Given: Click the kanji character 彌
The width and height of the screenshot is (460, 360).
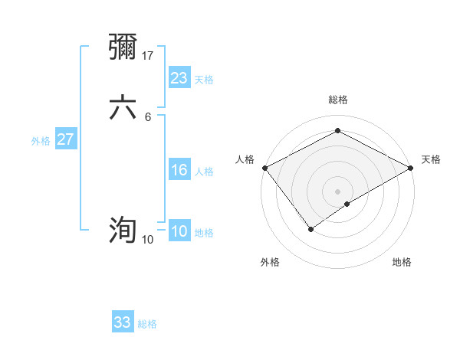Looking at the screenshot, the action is (123, 47).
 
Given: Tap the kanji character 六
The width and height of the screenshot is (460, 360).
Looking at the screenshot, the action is (123, 108).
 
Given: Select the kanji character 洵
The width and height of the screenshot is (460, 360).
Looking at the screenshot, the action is (123, 230).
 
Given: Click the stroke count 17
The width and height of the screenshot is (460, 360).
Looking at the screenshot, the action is (149, 55).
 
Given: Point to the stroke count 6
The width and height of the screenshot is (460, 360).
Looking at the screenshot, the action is (148, 116).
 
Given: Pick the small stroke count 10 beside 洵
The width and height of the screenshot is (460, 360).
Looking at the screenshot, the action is (147, 240).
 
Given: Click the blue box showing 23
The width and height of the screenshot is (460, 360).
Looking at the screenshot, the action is (179, 78).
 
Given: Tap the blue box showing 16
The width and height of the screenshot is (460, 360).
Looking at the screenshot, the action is (179, 170).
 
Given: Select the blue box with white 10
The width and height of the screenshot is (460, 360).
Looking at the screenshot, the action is (179, 232).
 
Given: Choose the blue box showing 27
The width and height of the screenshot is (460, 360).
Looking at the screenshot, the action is (65, 139).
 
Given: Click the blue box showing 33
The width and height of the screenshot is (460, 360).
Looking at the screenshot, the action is (123, 322).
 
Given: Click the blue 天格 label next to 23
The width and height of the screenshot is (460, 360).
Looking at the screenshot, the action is (204, 80).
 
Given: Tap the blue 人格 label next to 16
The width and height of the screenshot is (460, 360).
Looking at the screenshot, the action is (204, 172).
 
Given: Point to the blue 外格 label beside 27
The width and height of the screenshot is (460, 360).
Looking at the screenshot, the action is (41, 141).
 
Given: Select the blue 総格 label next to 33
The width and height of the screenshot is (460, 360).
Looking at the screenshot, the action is (147, 324).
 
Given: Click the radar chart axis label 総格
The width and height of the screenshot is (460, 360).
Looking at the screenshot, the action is (337, 100).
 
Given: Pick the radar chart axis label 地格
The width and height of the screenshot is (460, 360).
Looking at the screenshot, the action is (402, 262).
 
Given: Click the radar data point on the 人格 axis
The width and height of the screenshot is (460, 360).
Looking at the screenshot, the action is (264, 168).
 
